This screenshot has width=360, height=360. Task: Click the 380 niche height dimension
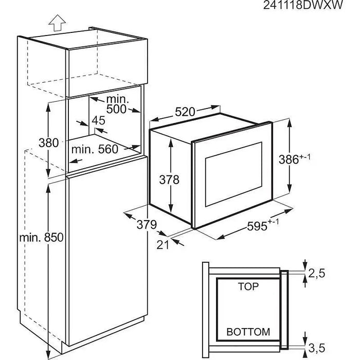pos(49,143)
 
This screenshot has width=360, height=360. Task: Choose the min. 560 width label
pos(95,150)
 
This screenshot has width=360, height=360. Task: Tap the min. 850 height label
pos(41,238)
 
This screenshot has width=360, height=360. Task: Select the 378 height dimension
pos(169,179)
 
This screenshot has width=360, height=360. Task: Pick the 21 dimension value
pos(163,245)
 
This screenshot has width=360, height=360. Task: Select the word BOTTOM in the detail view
pos(248,333)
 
